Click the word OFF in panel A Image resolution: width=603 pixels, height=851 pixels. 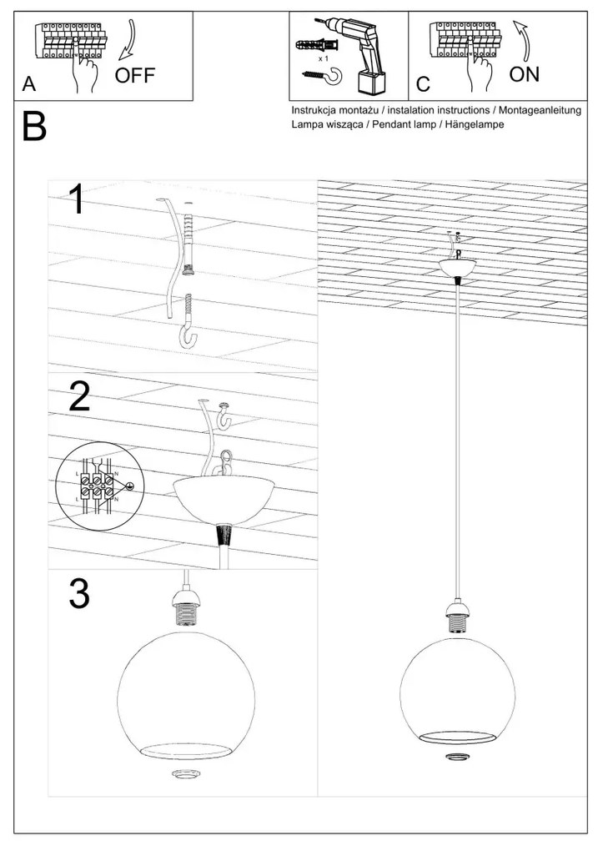pos(134,76)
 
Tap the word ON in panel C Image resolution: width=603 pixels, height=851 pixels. pos(524,75)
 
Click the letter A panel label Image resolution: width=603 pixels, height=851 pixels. pos(30,85)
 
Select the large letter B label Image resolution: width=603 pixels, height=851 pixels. pos(34,127)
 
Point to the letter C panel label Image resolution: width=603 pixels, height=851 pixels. pos(423,85)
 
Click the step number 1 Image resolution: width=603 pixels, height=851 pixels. pos(77,201)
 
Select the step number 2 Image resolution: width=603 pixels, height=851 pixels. pos(79,397)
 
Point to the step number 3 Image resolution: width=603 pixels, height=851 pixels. pos(78,593)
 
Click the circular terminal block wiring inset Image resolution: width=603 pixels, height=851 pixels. pos(99,483)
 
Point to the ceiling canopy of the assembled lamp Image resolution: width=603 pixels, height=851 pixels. pos(458,267)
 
